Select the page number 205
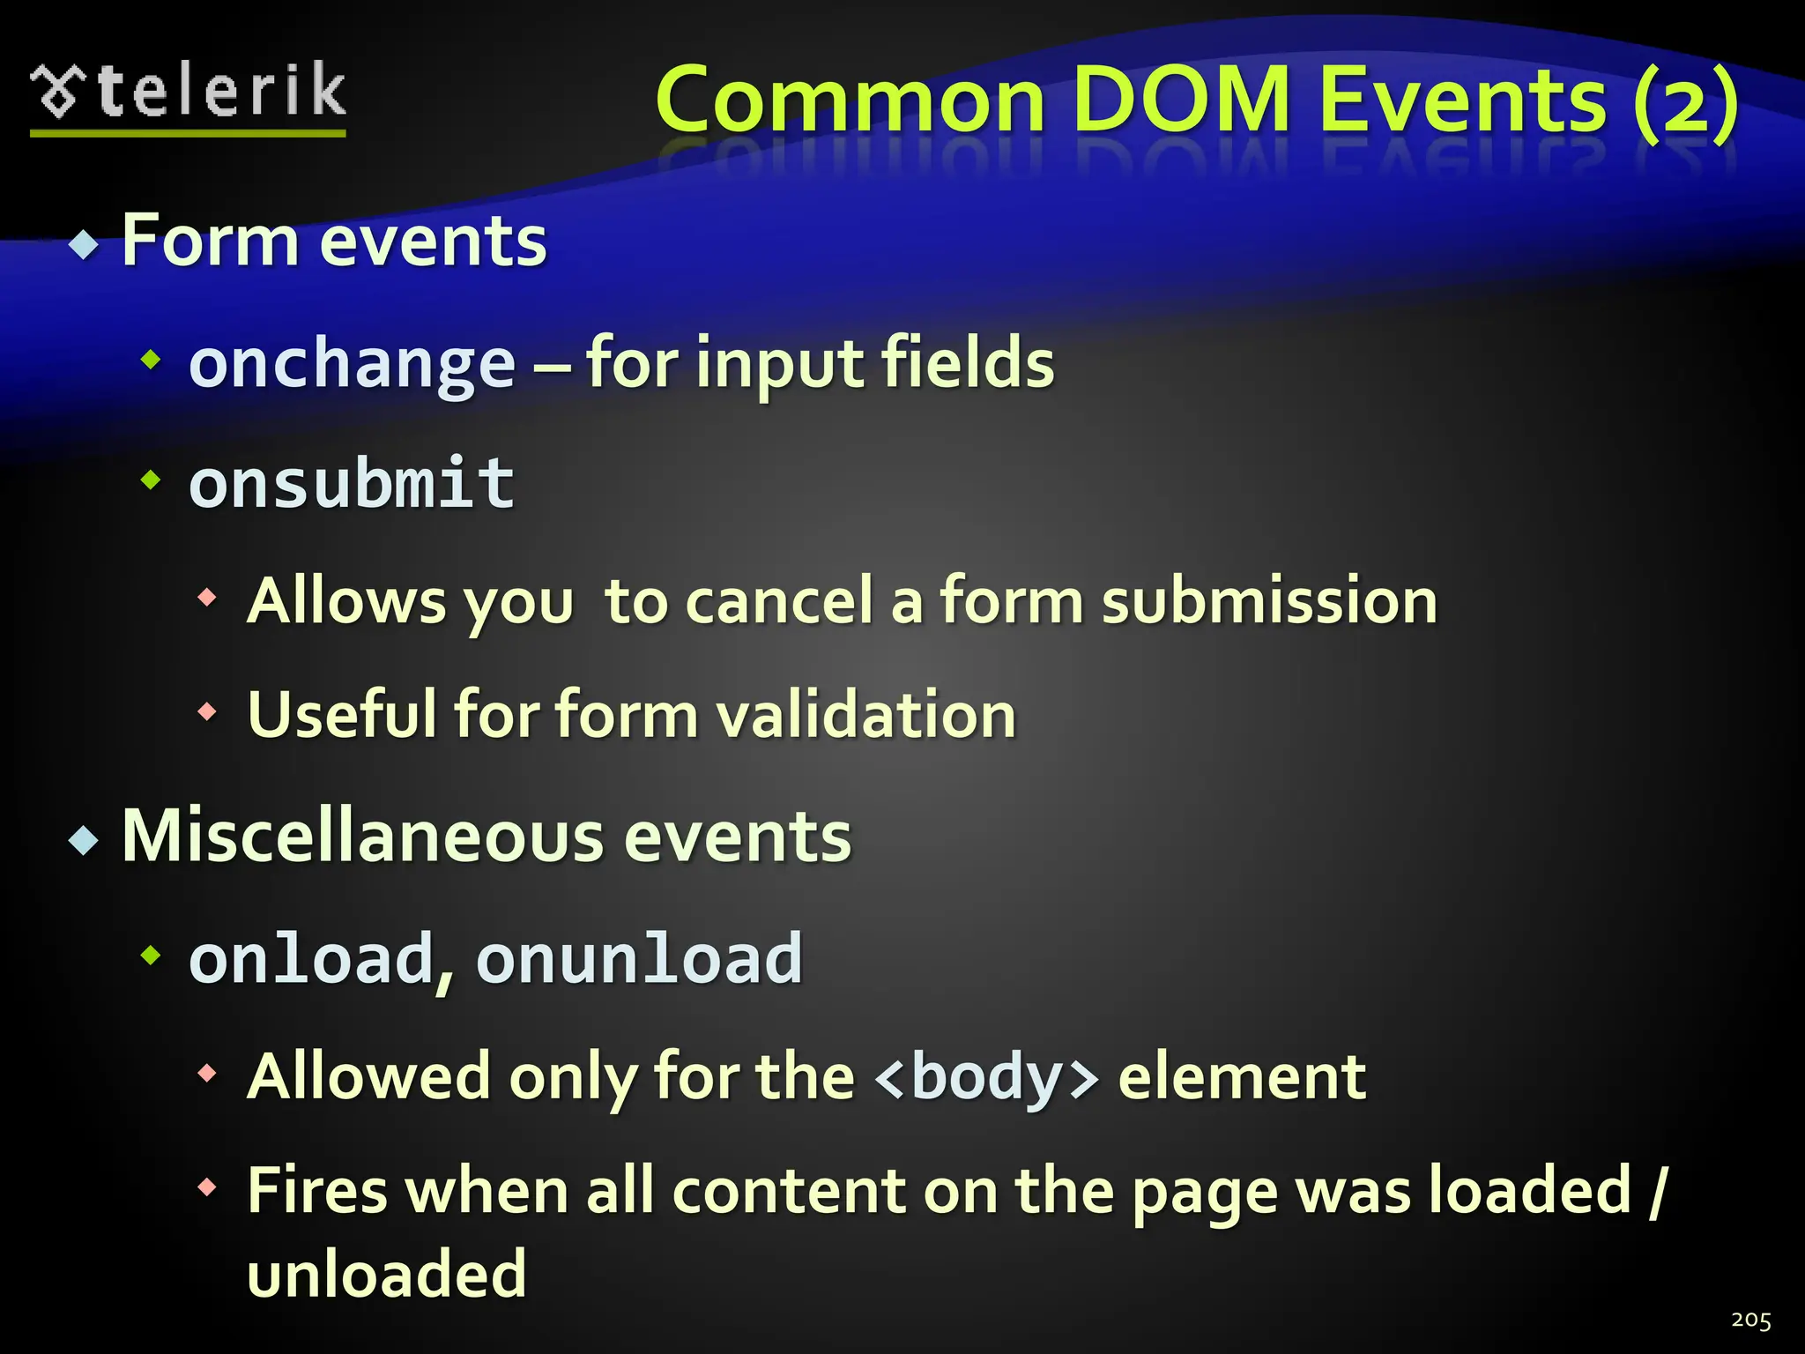coord(1750,1320)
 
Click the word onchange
coord(352,364)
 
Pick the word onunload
coord(639,958)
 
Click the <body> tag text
coord(987,1076)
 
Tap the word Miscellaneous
coord(362,836)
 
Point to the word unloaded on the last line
coord(387,1274)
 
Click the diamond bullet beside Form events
coord(84,244)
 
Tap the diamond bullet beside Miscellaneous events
coord(84,840)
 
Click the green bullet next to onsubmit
coord(152,480)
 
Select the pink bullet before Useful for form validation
coord(207,710)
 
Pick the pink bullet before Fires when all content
coord(207,1187)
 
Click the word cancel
coord(779,600)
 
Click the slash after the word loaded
coord(1657,1191)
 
